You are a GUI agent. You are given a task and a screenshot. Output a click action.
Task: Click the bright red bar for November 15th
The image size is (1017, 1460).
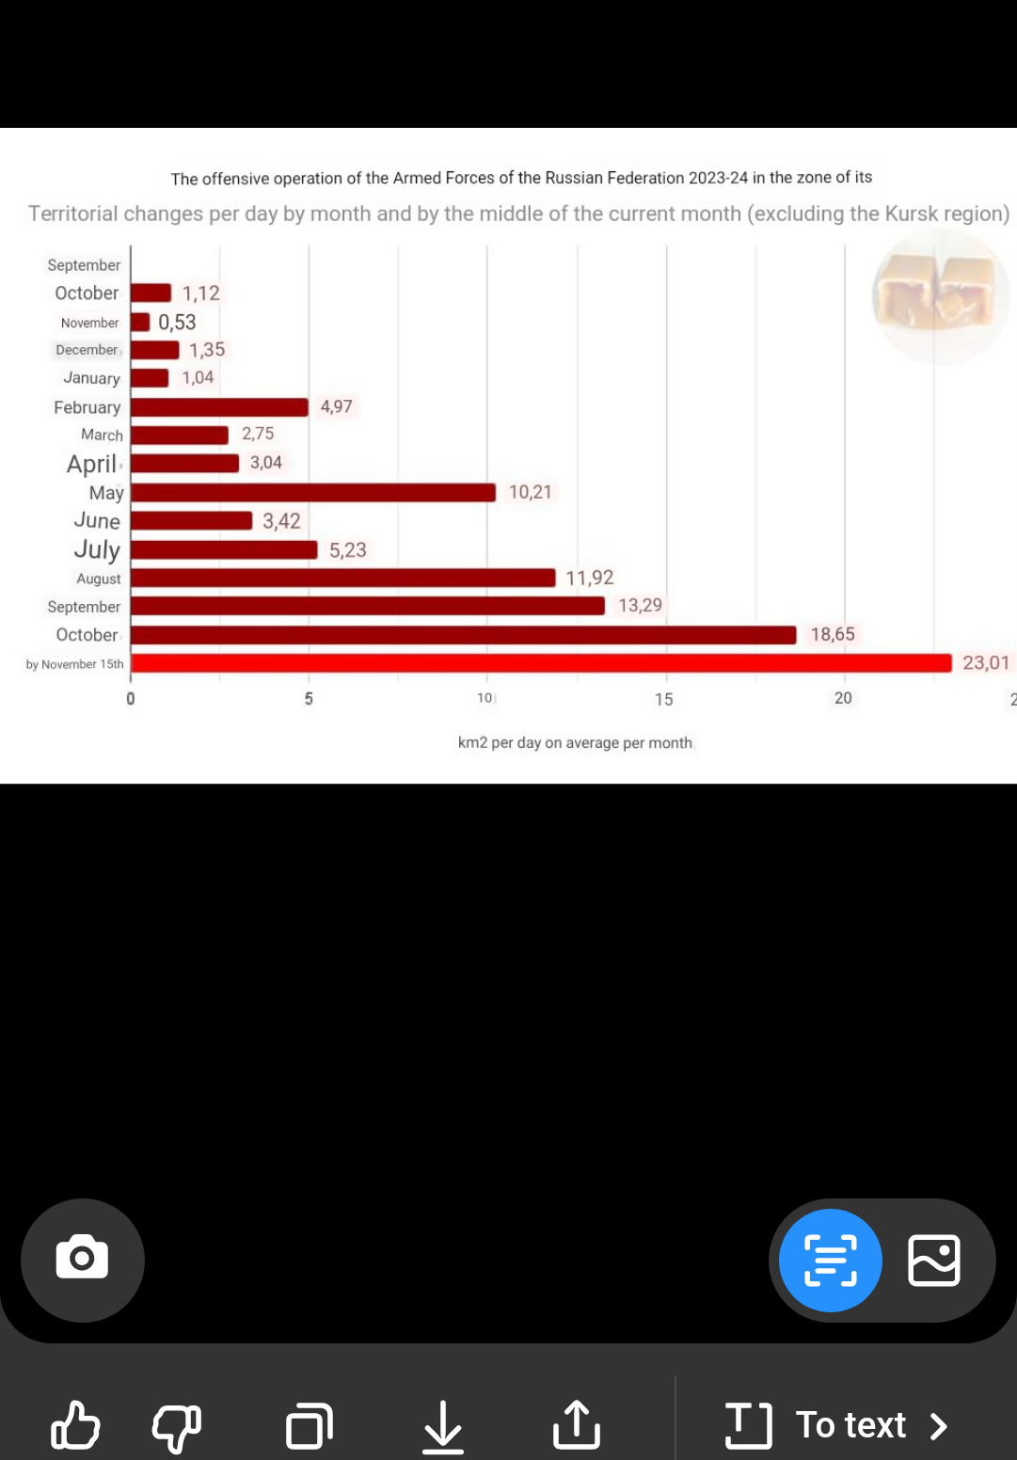pyautogui.click(x=541, y=663)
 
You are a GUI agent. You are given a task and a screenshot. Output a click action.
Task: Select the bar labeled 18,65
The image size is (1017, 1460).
pyautogui.click(x=463, y=635)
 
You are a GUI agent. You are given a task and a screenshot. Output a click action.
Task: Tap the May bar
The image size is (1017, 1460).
pyautogui.click(x=313, y=493)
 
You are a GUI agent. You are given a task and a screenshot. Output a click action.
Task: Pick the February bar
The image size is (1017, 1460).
pyautogui.click(x=219, y=407)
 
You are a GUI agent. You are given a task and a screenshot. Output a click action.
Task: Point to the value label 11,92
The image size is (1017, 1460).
pyautogui.click(x=590, y=578)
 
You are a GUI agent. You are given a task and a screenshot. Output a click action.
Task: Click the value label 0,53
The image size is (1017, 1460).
pyautogui.click(x=177, y=323)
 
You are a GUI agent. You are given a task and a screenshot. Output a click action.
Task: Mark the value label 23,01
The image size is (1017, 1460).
pyautogui.click(x=985, y=663)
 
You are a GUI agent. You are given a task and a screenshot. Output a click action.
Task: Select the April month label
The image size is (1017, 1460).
pyautogui.click(x=92, y=464)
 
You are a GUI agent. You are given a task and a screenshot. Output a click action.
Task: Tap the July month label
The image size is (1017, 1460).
pyautogui.click(x=97, y=549)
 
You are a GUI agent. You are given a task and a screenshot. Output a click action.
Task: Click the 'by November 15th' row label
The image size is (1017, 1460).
pyautogui.click(x=75, y=664)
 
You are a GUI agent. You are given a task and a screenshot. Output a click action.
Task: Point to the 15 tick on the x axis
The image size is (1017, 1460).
pyautogui.click(x=664, y=699)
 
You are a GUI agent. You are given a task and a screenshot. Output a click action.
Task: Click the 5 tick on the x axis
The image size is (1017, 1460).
pyautogui.click(x=309, y=699)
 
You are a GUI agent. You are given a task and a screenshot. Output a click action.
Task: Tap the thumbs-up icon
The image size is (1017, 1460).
pyautogui.click(x=75, y=1425)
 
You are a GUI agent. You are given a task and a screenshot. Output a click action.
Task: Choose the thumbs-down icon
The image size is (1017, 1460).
pyautogui.click(x=177, y=1427)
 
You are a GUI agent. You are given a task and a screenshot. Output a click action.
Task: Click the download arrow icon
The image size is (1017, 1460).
pyautogui.click(x=443, y=1426)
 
